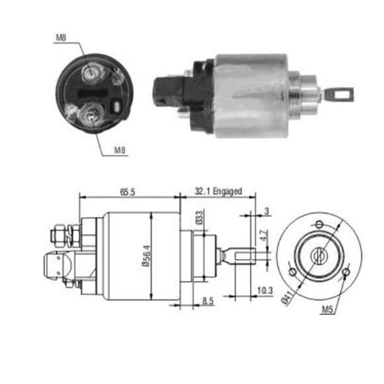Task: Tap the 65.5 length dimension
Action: point(127,192)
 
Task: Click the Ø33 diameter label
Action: point(197,219)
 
